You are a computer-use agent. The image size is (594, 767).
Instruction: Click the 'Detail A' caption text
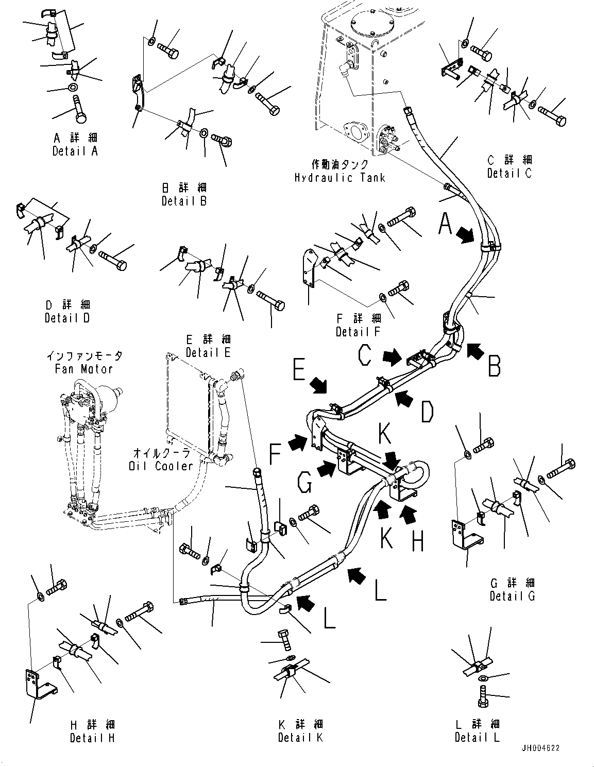pos(75,151)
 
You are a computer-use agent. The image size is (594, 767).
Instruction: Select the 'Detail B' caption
pos(184,201)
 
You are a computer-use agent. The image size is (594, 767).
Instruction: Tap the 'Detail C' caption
pos(510,174)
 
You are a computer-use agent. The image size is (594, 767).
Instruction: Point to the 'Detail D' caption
pos(67,318)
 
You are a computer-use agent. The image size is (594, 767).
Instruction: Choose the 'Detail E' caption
pos(208,353)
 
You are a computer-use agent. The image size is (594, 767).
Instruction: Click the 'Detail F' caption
pos(358,332)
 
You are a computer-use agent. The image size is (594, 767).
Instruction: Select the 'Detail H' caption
pos(92,738)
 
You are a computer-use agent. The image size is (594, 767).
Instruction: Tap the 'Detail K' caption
pos(300,738)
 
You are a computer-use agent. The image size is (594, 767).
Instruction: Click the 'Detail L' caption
pos(477,738)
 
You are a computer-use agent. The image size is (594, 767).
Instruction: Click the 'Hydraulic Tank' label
pos(340,178)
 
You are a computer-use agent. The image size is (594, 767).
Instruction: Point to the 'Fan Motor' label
pos(84,369)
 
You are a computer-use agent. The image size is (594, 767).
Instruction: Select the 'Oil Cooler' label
pos(160,466)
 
